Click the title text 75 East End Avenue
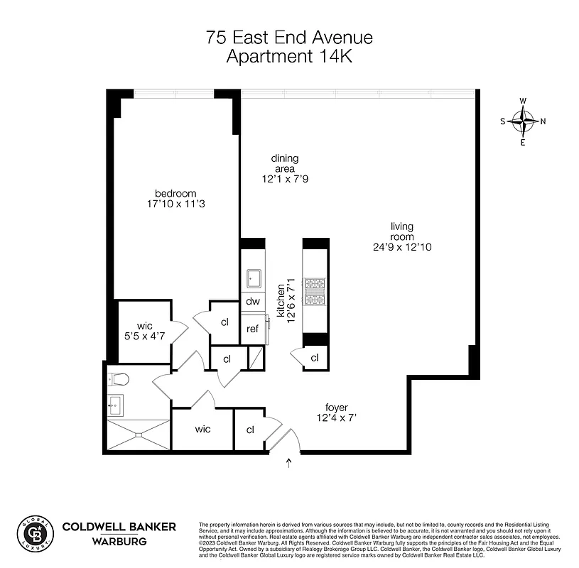[289, 38]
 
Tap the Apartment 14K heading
[289, 58]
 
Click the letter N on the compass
[543, 121]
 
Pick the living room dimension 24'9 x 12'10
[402, 247]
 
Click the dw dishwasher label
[253, 301]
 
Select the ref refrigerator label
[253, 329]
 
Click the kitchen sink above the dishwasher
[254, 278]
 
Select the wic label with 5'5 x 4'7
[146, 332]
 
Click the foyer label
[337, 408]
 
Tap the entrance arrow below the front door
[288, 464]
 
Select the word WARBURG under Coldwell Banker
[119, 542]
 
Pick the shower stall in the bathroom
[139, 435]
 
